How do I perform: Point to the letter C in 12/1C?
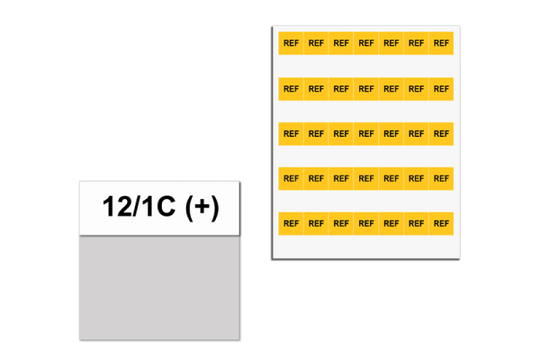click(x=166, y=208)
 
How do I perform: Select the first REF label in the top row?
click(x=291, y=43)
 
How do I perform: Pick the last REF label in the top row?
click(x=441, y=43)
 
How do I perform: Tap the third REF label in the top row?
click(x=341, y=43)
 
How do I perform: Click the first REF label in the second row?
click(x=291, y=88)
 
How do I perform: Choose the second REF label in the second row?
click(x=316, y=88)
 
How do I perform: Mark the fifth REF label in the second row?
click(x=391, y=88)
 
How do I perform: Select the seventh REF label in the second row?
click(x=441, y=88)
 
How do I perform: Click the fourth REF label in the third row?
click(x=366, y=133)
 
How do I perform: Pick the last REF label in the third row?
click(x=441, y=133)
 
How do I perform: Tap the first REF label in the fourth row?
click(x=291, y=178)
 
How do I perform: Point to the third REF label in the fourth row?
click(x=341, y=178)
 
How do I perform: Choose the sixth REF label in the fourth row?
click(x=416, y=178)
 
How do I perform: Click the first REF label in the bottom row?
click(x=291, y=223)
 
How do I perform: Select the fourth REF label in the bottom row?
click(x=366, y=223)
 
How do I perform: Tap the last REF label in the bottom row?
click(x=441, y=223)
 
